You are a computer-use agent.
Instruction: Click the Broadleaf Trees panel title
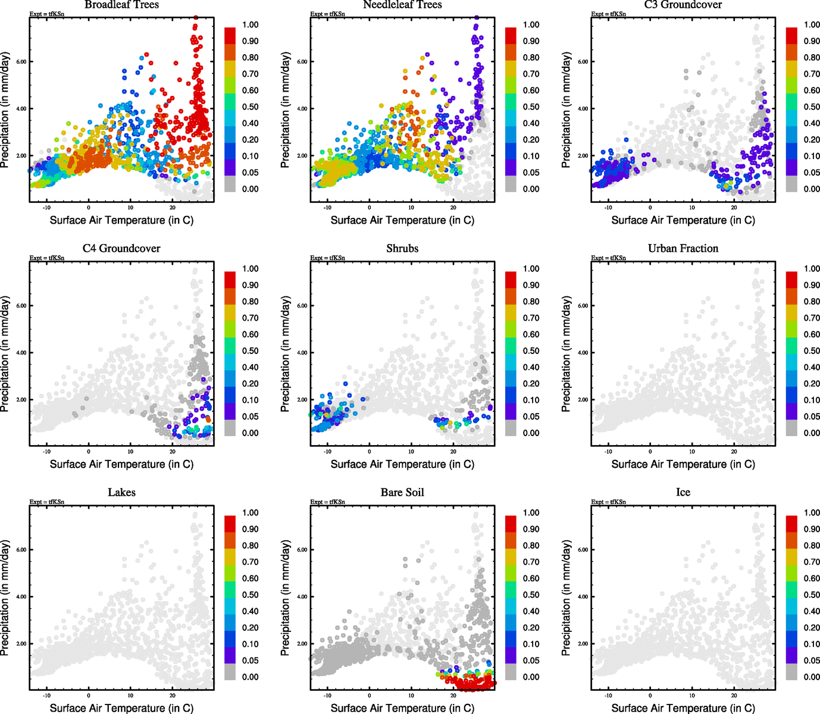coord(121,5)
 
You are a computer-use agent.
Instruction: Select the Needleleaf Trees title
coord(402,5)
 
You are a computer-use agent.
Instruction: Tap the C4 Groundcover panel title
coord(121,248)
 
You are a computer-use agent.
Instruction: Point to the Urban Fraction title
coord(683,248)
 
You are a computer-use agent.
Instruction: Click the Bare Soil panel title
coord(402,492)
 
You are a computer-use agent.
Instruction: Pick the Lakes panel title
coord(121,492)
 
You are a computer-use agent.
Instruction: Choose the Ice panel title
coord(683,492)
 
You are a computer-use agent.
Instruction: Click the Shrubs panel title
coord(402,248)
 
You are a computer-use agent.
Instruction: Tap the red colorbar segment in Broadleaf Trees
coord(230,35)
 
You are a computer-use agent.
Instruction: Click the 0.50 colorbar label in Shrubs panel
coord(531,351)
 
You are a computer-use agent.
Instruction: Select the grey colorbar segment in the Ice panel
coord(791,672)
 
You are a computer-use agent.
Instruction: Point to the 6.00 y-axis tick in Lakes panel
coord(21,550)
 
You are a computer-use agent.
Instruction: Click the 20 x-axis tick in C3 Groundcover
coord(734,208)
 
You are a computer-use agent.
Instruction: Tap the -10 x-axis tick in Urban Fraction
coord(608,452)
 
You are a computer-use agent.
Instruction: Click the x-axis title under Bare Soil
coord(402,708)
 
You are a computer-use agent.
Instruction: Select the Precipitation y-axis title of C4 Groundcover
coord(5,354)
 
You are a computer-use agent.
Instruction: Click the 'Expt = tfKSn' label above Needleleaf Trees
coord(327,14)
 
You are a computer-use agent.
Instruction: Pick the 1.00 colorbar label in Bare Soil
coord(531,513)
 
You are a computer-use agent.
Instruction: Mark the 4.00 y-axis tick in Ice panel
coord(583,597)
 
